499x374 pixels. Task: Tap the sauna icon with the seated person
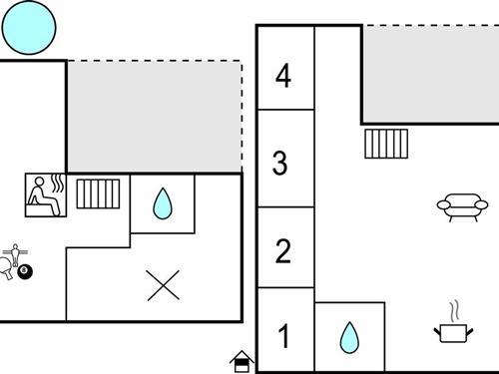click(x=45, y=194)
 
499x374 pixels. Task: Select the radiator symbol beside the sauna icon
click(x=98, y=193)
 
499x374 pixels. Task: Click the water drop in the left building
click(x=162, y=204)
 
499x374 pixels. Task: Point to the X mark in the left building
click(x=163, y=285)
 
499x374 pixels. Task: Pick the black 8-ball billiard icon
click(x=25, y=270)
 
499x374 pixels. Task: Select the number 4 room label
click(x=284, y=77)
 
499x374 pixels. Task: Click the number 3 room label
click(x=282, y=163)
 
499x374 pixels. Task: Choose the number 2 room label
click(x=283, y=250)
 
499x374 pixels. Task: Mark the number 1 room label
click(x=283, y=337)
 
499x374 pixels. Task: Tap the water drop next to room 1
click(x=348, y=337)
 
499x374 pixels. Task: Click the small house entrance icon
click(x=241, y=360)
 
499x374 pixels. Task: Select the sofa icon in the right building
click(x=458, y=206)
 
